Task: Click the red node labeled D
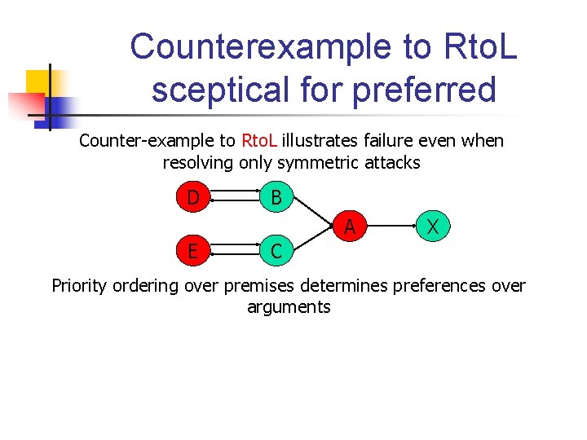[x=193, y=197]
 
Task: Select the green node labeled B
[x=276, y=197]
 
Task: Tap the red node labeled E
[x=193, y=251]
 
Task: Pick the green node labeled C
[x=276, y=251]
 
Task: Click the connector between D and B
[x=235, y=198]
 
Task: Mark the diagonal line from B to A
[x=313, y=211]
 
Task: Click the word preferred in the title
[x=425, y=90]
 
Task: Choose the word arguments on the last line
[x=289, y=307]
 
